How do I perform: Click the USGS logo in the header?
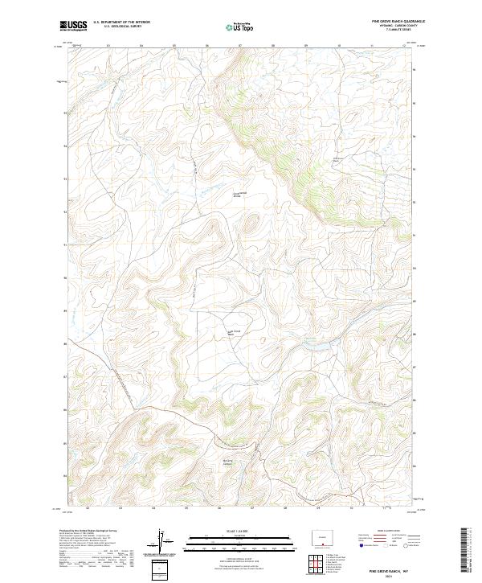point(73,26)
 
